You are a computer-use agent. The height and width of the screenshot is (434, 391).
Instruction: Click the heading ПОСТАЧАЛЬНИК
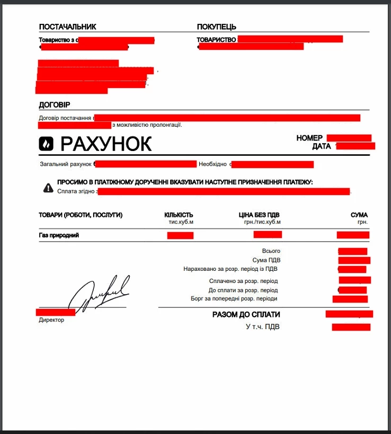click(67, 27)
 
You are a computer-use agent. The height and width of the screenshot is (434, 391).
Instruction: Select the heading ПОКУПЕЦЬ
click(216, 27)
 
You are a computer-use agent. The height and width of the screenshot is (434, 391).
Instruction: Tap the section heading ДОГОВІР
click(55, 105)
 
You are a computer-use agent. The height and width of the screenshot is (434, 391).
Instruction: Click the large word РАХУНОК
click(106, 144)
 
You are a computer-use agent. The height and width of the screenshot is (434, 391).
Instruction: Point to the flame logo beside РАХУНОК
click(47, 143)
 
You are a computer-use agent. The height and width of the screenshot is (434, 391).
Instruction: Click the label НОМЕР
click(309, 138)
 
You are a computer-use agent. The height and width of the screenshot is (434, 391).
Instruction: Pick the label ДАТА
click(322, 146)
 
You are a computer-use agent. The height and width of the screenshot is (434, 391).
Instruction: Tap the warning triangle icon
click(48, 187)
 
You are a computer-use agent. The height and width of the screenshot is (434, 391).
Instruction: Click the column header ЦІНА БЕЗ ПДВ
click(259, 215)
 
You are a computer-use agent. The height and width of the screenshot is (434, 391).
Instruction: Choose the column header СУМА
click(359, 215)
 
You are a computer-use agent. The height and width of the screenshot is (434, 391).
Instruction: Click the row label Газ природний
click(59, 235)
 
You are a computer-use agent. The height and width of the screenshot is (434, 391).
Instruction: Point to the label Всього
click(271, 251)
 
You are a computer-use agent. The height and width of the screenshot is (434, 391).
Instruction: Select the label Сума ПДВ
click(266, 260)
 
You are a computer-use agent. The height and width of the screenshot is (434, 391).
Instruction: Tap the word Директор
click(51, 320)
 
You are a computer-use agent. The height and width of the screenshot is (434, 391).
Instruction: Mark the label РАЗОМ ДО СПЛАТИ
click(246, 315)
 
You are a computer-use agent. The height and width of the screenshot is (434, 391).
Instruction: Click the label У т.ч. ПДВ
click(262, 327)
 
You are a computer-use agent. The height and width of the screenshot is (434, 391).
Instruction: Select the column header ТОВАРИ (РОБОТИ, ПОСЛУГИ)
click(81, 215)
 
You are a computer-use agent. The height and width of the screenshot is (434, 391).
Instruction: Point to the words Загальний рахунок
click(65, 164)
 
